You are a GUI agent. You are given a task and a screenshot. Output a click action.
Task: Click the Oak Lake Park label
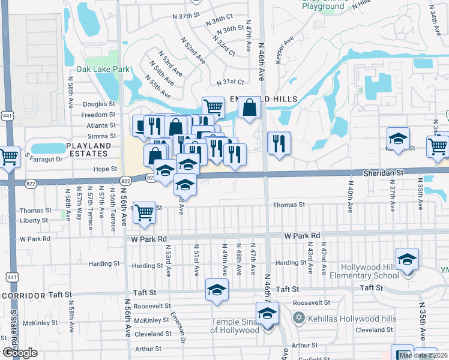click(x=103, y=70)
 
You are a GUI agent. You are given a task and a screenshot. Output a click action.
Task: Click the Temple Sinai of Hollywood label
click(x=234, y=326)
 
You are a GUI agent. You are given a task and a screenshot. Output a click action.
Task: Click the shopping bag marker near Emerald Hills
click(x=249, y=109)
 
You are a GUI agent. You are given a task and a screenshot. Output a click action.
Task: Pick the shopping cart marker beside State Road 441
click(x=8, y=157)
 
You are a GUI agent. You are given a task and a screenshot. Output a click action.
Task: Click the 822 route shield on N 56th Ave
click(x=125, y=181)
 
